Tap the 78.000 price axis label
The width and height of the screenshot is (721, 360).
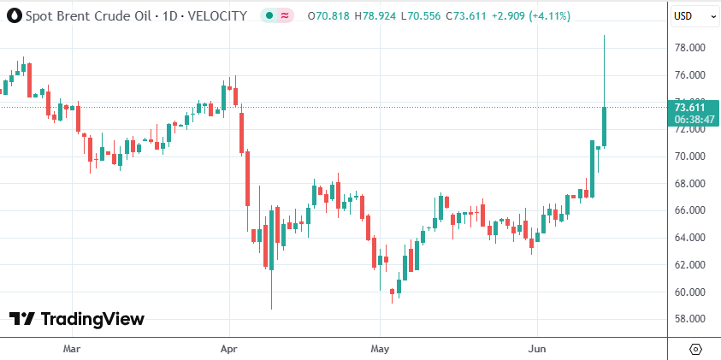[x=689, y=48]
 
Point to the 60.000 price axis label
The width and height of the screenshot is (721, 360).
[x=689, y=292]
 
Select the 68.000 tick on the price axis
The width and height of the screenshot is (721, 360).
[x=689, y=184]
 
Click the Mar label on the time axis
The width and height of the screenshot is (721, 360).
[x=72, y=349]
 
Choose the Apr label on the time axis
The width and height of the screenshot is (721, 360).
[x=228, y=349]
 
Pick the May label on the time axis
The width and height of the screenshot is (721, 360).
[x=381, y=349]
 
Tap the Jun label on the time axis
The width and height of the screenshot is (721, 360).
[x=537, y=349]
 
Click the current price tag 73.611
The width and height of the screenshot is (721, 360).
[x=689, y=107]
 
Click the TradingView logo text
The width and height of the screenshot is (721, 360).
[x=92, y=319]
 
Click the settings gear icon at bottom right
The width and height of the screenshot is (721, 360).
[x=694, y=349]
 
